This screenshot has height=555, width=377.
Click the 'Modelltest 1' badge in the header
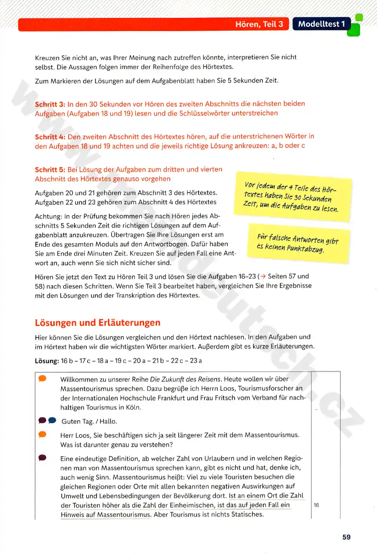pyautogui.click(x=321, y=24)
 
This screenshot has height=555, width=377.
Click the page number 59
pyautogui.click(x=346, y=537)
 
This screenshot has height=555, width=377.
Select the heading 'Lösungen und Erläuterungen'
pyautogui.click(x=98, y=322)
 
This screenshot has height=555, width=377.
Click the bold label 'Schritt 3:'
pyautogui.click(x=50, y=104)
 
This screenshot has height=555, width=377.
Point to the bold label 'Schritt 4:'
pyautogui.click(x=50, y=137)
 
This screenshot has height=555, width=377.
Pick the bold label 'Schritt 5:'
pyautogui.click(x=50, y=169)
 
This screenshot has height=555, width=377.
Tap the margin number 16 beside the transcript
pyautogui.click(x=316, y=505)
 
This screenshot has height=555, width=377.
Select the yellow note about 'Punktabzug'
pyautogui.click(x=298, y=242)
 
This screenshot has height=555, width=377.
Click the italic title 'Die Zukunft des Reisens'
pyautogui.click(x=185, y=379)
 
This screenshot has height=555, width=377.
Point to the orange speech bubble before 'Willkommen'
pyautogui.click(x=42, y=378)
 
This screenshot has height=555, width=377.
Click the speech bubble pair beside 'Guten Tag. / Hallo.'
pyautogui.click(x=48, y=420)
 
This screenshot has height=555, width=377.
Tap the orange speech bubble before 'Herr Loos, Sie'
pyautogui.click(x=42, y=434)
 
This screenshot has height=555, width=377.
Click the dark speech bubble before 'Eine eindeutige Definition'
pyautogui.click(x=42, y=457)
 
